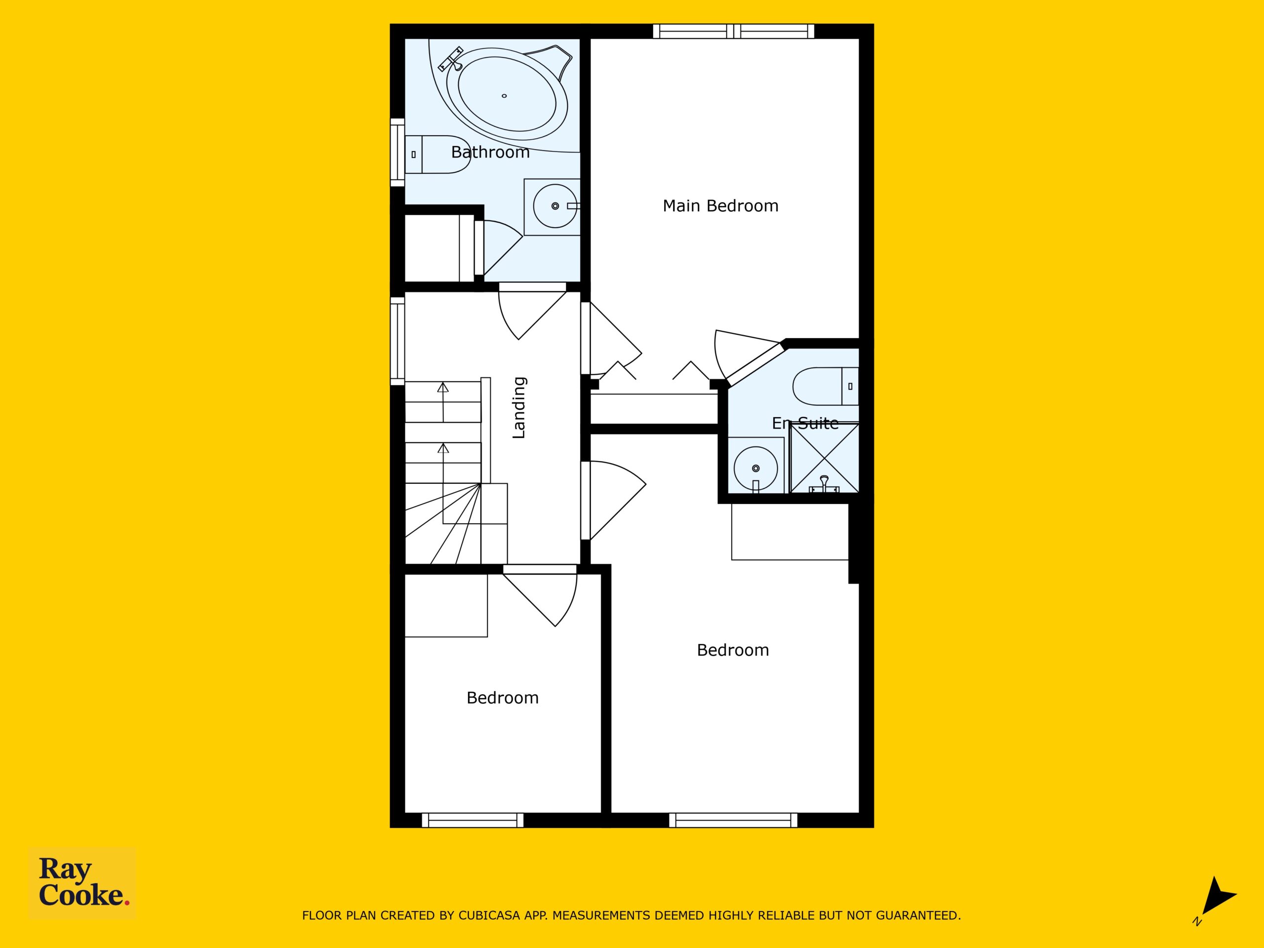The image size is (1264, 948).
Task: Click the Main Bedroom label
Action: pyautogui.click(x=720, y=206)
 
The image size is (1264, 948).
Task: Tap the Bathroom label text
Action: pyautogui.click(x=490, y=152)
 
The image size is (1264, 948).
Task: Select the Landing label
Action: pyautogui.click(x=519, y=407)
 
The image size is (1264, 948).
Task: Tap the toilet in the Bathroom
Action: pyautogui.click(x=437, y=154)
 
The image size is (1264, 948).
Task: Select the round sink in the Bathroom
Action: pyautogui.click(x=555, y=206)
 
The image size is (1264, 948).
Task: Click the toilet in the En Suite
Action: pyautogui.click(x=826, y=386)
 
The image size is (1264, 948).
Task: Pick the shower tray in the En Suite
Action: pyautogui.click(x=824, y=458)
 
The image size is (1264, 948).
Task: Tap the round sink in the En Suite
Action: pyautogui.click(x=755, y=468)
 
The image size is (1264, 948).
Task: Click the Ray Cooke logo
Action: pyautogui.click(x=82, y=882)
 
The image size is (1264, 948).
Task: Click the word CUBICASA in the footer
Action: pyautogui.click(x=489, y=915)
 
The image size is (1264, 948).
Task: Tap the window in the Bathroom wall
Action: pyautogui.click(x=397, y=152)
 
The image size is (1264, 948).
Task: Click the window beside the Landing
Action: pyautogui.click(x=397, y=341)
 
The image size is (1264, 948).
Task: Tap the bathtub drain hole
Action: pyautogui.click(x=504, y=96)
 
